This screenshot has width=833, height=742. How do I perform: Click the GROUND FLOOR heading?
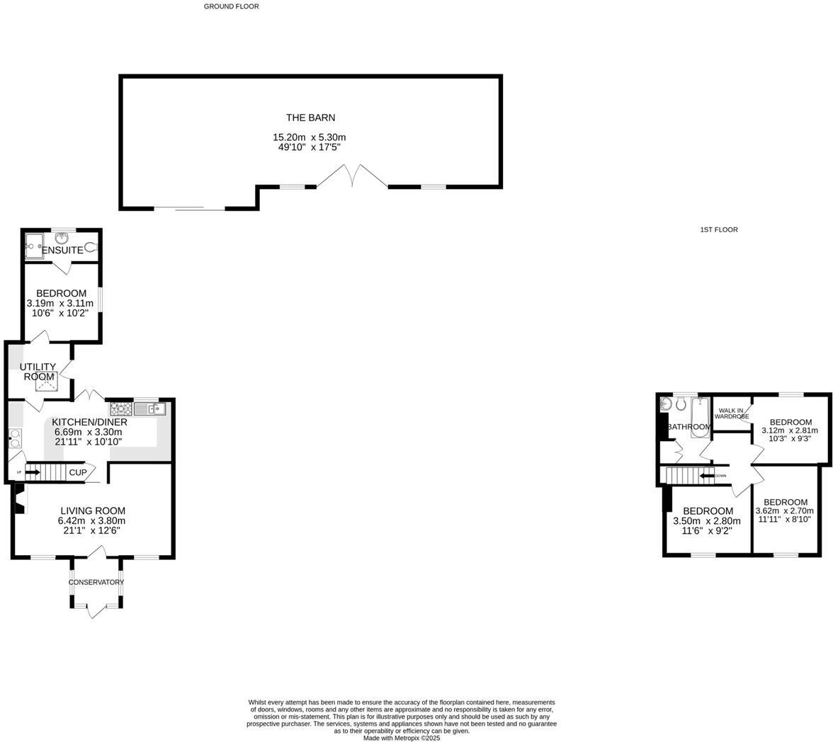click(231, 6)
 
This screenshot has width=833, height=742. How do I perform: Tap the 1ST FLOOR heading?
click(718, 229)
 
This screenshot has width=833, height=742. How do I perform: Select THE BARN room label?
click(310, 118)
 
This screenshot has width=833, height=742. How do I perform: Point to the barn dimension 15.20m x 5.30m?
click(310, 137)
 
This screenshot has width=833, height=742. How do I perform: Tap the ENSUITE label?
click(62, 251)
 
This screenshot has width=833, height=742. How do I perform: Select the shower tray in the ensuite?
click(33, 247)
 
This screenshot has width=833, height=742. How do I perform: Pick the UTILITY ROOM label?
click(38, 372)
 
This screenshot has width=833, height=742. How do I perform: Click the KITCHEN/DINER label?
click(91, 422)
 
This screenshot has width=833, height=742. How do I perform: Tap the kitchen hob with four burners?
click(117, 409)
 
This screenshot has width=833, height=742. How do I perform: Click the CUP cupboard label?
click(78, 472)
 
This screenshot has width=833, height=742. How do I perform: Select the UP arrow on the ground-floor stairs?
click(31, 472)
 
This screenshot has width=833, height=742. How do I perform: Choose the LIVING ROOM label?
click(93, 510)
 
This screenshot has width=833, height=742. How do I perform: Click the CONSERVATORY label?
click(96, 582)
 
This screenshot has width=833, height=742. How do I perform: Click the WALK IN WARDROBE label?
click(731, 413)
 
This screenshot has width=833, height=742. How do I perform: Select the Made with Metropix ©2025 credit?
click(402, 738)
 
